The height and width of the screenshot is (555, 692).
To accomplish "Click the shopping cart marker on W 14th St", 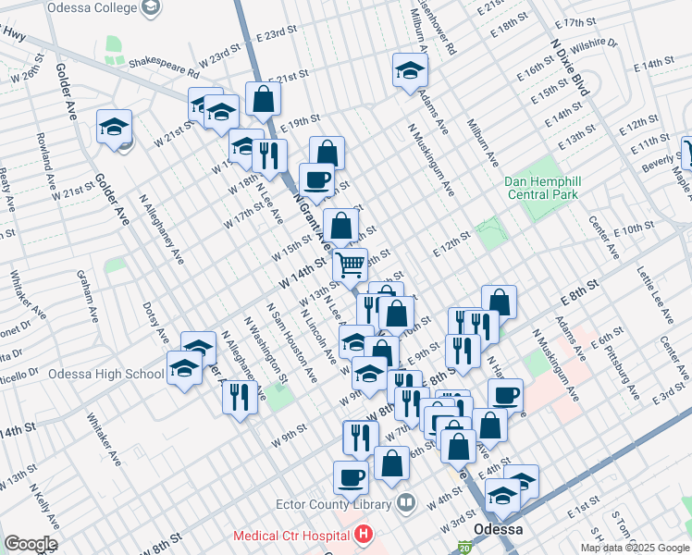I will click(350, 265).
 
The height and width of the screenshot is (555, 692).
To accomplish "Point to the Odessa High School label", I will click(105, 375).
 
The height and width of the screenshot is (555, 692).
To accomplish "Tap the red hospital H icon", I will click(363, 535).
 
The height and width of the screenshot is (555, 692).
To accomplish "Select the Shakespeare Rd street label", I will click(164, 66).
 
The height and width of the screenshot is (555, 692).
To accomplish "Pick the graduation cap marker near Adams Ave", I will click(409, 70).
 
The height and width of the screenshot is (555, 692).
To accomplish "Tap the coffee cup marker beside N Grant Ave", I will click(316, 179).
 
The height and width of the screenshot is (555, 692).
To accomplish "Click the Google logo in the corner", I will click(31, 544).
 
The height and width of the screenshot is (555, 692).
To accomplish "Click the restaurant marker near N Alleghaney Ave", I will click(239, 397).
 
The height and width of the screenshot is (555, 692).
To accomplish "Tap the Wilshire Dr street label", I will click(593, 43).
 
